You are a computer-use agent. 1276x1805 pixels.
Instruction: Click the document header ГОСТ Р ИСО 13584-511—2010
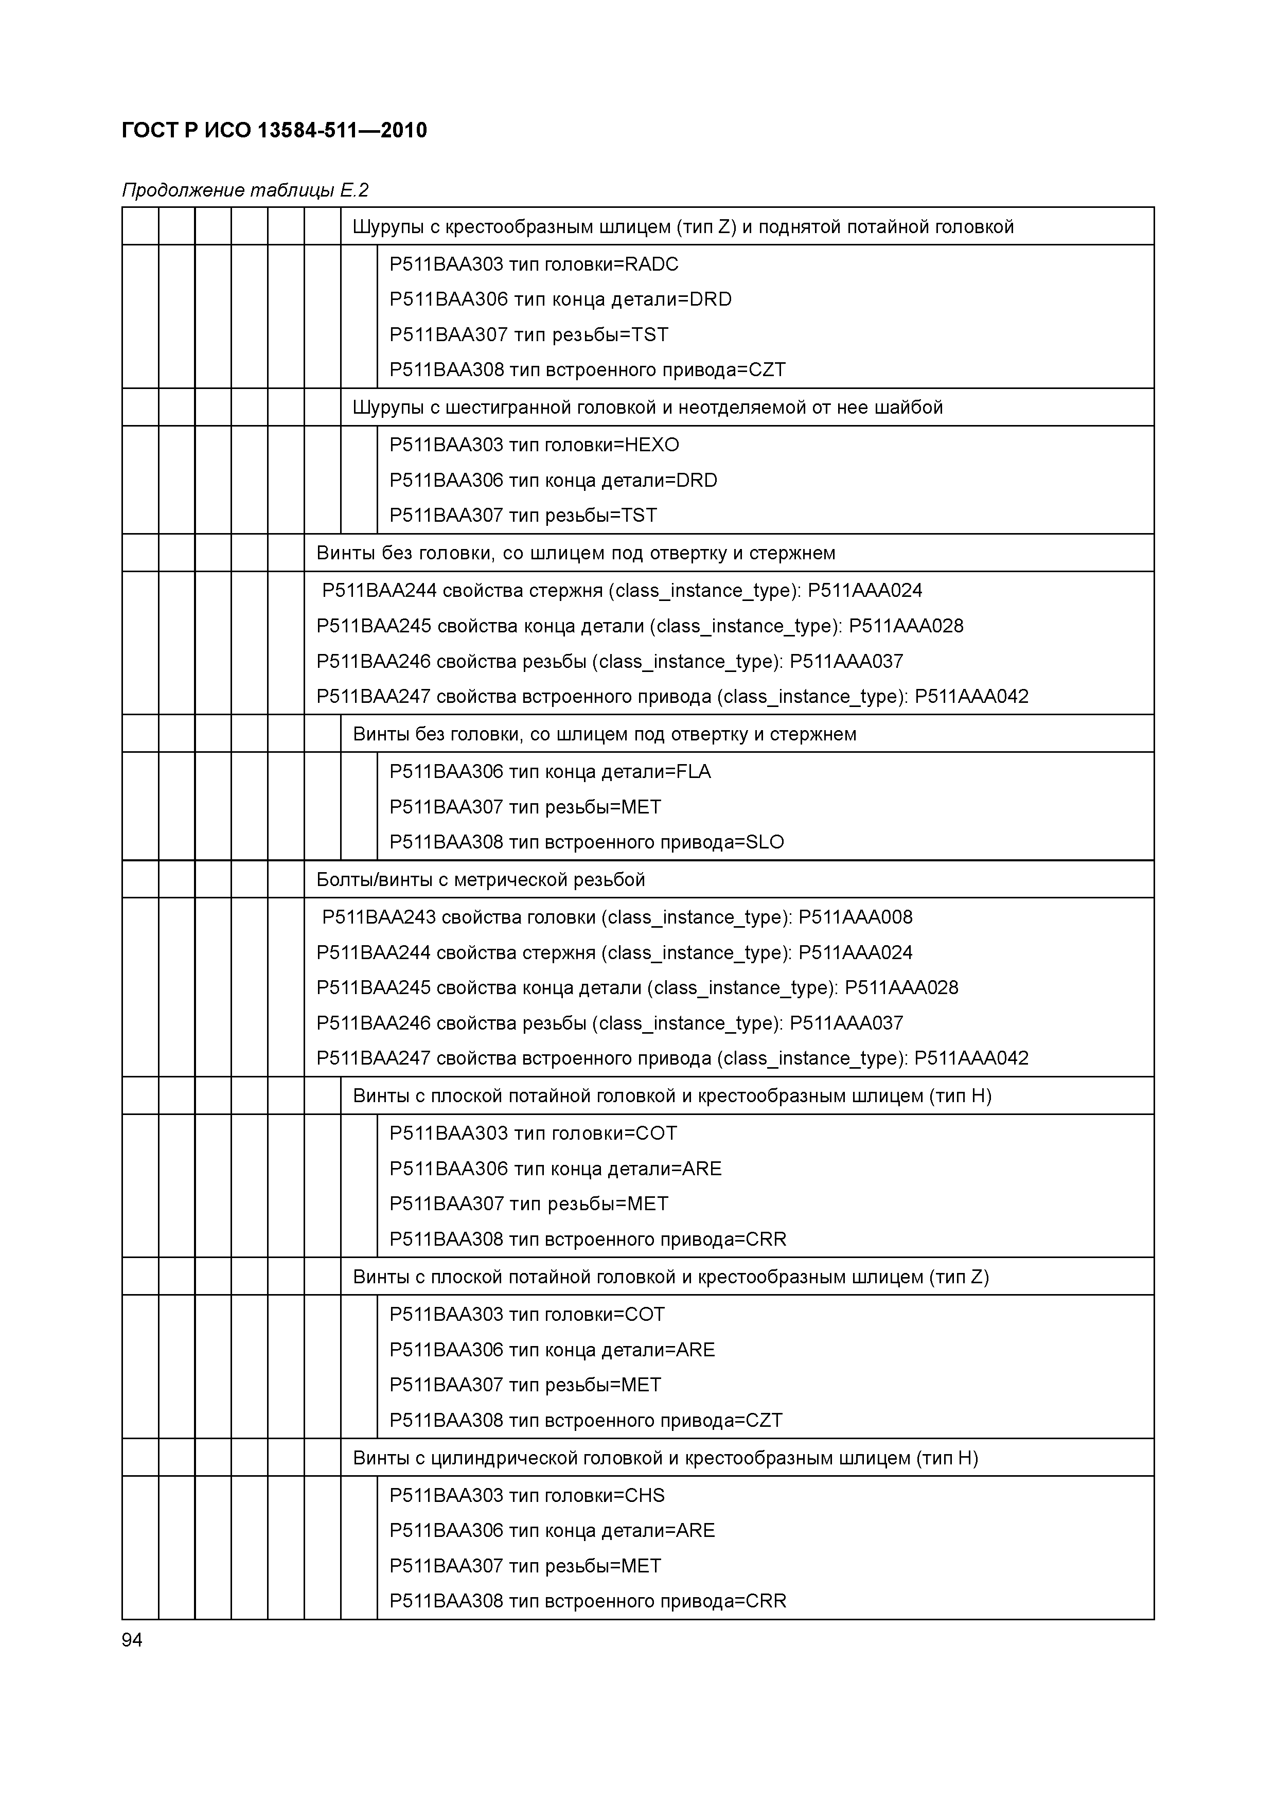[274, 131]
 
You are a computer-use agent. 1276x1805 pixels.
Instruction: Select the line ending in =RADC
[534, 264]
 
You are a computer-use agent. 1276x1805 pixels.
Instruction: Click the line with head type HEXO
[534, 445]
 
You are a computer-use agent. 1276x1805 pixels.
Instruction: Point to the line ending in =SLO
[587, 842]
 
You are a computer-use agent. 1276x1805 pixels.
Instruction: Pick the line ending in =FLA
[550, 772]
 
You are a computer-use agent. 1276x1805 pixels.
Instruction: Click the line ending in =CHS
[527, 1495]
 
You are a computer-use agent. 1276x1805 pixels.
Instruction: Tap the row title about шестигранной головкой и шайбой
[648, 407]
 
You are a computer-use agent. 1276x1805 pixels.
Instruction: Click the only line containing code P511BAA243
[617, 917]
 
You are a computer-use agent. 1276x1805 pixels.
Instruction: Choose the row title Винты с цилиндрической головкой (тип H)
[665, 1458]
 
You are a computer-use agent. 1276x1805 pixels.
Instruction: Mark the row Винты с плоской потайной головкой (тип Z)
[670, 1277]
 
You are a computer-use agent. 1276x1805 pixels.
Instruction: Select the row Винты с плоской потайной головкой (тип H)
[672, 1096]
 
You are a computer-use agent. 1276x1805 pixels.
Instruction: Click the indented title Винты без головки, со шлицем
[605, 734]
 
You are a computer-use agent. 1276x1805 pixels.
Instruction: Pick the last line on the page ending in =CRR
[587, 1601]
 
